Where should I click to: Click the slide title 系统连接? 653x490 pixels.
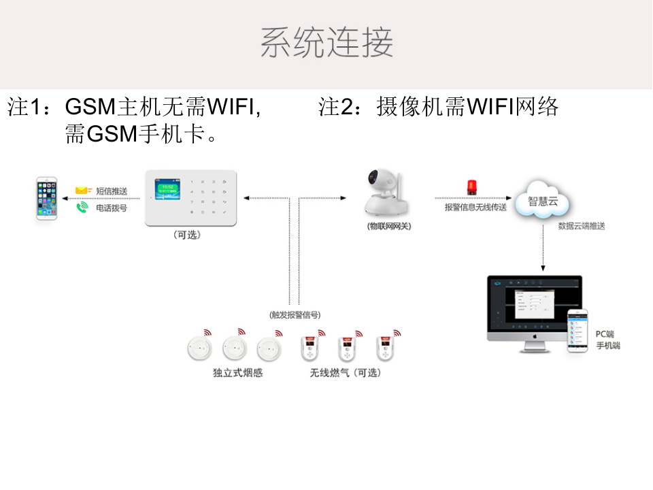[x=326, y=43]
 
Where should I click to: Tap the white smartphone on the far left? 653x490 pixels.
[x=47, y=198]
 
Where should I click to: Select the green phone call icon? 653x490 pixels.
[x=82, y=207]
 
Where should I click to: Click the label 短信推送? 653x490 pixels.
[x=112, y=191]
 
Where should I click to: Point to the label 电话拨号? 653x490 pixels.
[x=112, y=208]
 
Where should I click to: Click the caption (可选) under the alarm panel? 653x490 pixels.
[x=187, y=235]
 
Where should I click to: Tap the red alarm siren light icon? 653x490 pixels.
[x=471, y=188]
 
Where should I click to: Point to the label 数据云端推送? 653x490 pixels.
[x=582, y=226]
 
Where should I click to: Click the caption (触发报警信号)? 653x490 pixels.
[x=294, y=314]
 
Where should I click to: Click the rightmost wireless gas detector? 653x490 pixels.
[x=386, y=348]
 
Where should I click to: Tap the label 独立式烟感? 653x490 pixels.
[x=237, y=373]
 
